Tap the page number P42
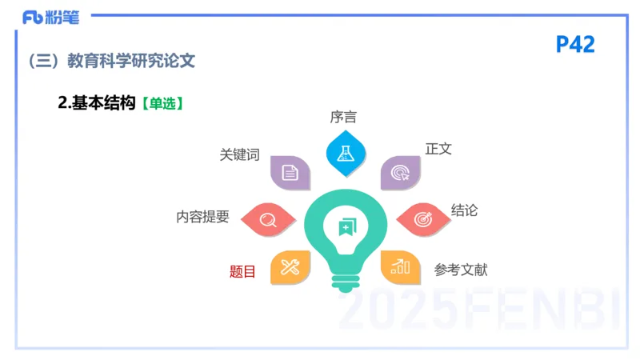point(575,45)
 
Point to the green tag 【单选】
point(162,103)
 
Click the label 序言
point(343,117)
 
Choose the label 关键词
point(240,155)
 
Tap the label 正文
point(438,150)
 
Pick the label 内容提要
point(203,217)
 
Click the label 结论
point(464,210)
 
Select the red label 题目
point(242,271)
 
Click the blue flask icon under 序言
point(345,152)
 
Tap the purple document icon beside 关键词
point(290,172)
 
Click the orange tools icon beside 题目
point(290,267)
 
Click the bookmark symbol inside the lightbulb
point(345,227)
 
